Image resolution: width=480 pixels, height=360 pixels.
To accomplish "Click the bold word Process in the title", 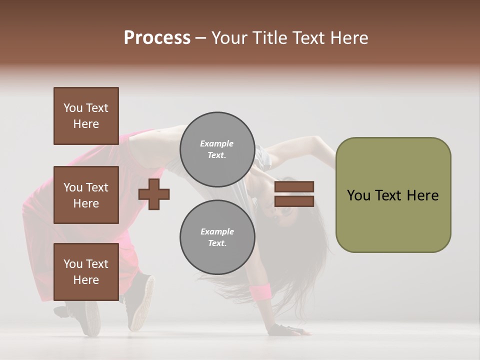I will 157,38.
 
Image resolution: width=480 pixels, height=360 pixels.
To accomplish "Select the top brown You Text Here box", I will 86,116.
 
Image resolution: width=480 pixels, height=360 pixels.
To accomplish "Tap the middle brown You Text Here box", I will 86,195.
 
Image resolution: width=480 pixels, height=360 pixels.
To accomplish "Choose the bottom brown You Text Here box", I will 86,272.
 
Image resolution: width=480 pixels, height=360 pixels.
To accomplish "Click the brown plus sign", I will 154,194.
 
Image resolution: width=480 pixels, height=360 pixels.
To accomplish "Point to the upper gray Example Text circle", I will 217,149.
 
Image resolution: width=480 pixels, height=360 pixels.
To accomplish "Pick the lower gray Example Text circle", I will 217,237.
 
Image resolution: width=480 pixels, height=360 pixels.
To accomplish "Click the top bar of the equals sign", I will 294,186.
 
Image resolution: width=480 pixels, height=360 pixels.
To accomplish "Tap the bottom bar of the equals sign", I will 294,201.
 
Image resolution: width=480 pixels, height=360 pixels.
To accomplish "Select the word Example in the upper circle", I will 217,143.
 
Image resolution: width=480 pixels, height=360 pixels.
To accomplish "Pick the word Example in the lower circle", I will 217,231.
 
